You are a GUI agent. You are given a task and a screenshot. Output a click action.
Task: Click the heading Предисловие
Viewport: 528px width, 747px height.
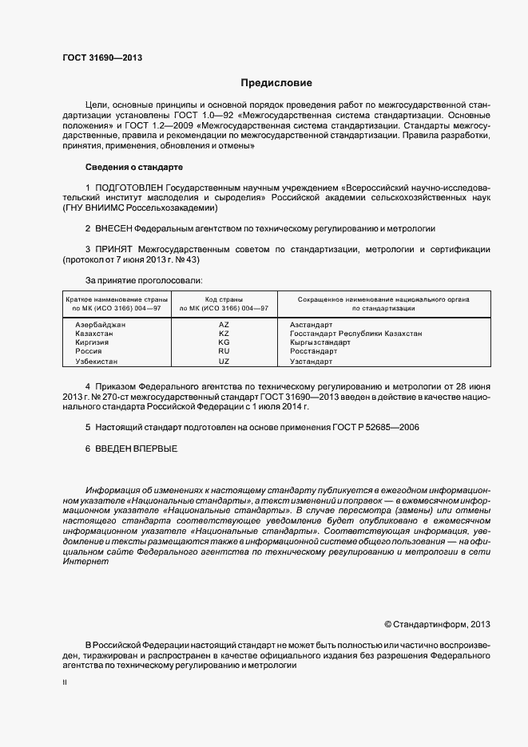click(x=277, y=83)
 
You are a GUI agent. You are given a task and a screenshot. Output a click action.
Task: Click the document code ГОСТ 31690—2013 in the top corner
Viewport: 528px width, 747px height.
click(x=102, y=58)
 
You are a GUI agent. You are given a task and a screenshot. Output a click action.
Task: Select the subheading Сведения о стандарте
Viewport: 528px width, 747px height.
click(x=134, y=167)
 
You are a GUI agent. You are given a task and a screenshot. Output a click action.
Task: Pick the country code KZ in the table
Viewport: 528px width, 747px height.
click(x=224, y=334)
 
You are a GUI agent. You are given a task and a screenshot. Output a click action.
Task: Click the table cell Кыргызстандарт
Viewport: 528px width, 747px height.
click(x=320, y=342)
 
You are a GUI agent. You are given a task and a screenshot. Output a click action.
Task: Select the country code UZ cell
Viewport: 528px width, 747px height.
click(x=224, y=362)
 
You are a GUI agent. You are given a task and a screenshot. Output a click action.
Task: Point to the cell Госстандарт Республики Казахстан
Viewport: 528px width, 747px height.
click(x=355, y=334)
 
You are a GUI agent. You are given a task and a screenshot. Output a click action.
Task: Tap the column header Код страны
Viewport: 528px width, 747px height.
click(x=224, y=298)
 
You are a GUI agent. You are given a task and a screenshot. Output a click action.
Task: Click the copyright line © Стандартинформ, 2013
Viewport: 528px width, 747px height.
click(x=437, y=624)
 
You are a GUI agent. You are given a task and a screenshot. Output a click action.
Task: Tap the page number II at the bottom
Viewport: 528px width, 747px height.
click(x=65, y=682)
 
